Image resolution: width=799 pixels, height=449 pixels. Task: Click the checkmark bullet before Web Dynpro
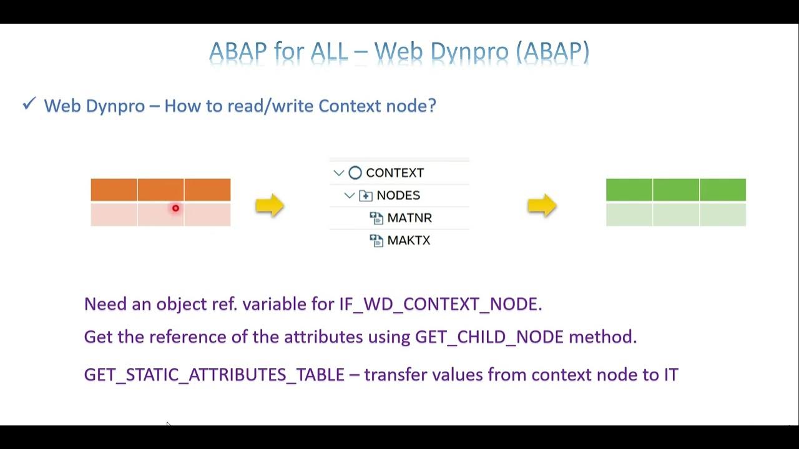point(29,104)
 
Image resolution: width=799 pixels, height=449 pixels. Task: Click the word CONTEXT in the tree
point(395,173)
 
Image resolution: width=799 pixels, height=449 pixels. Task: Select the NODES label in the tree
point(398,195)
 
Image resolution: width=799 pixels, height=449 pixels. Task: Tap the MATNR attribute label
point(409,218)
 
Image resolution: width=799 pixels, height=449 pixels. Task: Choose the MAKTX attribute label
point(409,240)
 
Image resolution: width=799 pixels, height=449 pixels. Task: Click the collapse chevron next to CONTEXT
point(339,173)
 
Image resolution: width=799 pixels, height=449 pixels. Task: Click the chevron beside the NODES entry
point(350,195)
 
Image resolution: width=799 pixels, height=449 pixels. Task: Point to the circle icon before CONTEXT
point(355,173)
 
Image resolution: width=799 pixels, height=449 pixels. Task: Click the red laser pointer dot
point(175,208)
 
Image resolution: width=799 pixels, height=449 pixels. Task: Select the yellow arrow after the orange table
point(270,205)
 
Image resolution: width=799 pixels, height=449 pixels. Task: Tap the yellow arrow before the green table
point(542,205)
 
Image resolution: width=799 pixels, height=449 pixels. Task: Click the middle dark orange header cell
point(160,190)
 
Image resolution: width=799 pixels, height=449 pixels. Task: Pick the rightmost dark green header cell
point(723,190)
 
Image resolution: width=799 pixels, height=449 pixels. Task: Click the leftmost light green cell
point(629,215)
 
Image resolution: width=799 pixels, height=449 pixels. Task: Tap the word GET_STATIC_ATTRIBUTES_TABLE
point(214,374)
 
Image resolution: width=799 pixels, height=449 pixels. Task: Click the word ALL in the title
point(328,52)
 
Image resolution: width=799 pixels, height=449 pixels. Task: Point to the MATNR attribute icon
point(376,218)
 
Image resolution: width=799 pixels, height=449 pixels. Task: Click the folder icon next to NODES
point(366,195)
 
